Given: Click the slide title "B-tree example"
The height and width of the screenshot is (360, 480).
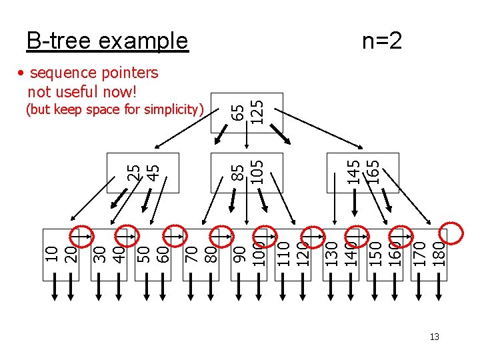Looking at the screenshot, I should click(107, 41).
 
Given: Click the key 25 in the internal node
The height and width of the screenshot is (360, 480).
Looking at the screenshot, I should click(134, 172).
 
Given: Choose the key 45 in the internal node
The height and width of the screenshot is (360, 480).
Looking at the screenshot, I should click(153, 172).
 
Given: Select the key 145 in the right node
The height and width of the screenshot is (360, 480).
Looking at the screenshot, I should click(355, 171).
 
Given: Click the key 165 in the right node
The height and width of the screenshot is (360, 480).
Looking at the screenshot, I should click(375, 171).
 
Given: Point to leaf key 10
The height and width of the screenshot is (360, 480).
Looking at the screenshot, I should click(51, 253).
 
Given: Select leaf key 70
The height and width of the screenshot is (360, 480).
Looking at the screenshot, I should click(190, 253).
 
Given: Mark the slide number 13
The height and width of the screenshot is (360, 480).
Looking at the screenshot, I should click(435, 337).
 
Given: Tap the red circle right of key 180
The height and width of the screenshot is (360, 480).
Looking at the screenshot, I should click(452, 233).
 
